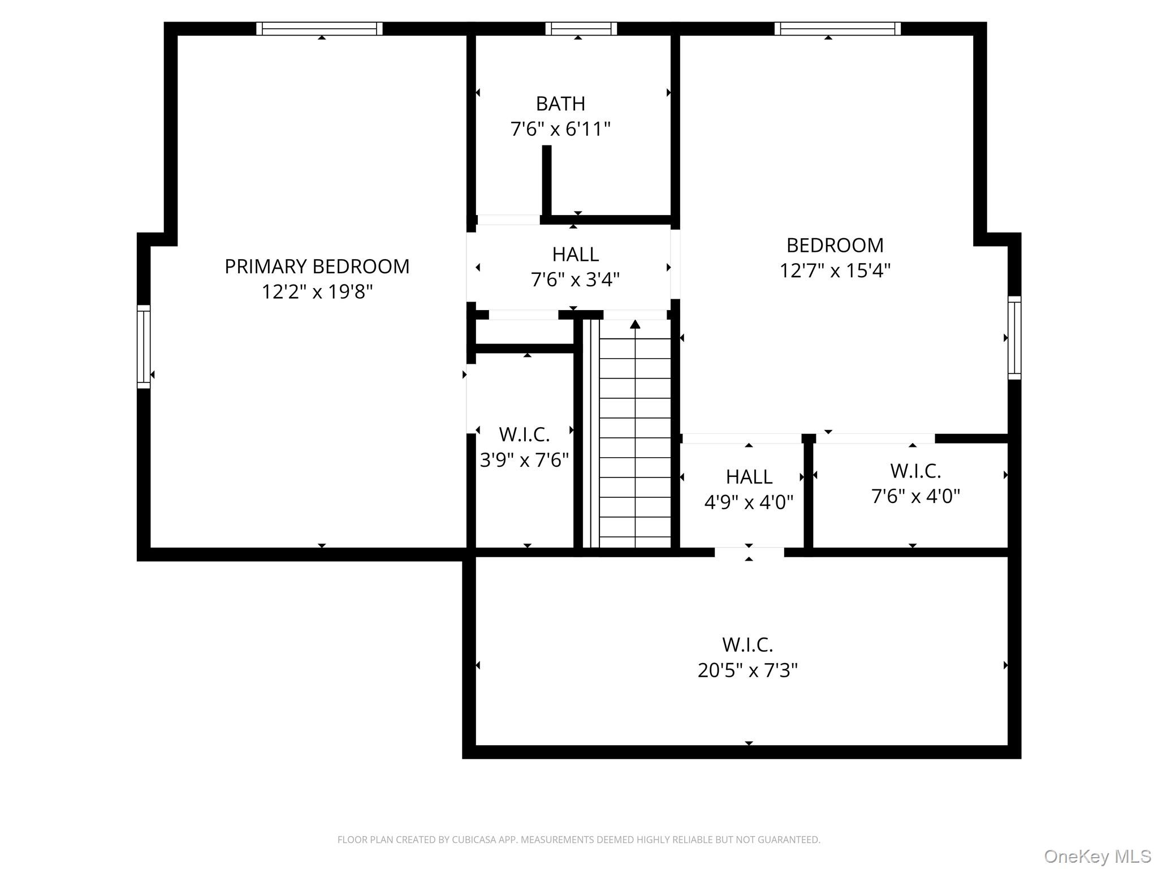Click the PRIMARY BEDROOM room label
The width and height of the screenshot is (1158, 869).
pos(317,266)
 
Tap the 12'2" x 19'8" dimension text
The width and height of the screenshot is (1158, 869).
pos(317,292)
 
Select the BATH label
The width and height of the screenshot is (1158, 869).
pos(560,104)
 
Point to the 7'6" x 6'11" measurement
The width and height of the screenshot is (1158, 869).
pos(560,130)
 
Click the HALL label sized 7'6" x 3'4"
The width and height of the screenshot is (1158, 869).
pos(575,255)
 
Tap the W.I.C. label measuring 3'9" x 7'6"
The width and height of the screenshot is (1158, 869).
pos(524,434)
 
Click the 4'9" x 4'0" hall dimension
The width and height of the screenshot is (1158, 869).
pos(749,502)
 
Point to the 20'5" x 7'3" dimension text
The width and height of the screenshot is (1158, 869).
pos(747,670)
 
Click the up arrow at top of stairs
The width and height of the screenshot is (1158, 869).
pos(635,325)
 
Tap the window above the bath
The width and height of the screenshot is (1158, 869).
pos(581,29)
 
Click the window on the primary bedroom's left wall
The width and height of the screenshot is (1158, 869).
pos(144,347)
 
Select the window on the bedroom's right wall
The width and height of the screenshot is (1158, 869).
pos(1014,338)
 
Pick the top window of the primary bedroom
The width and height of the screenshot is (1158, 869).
pos(319,29)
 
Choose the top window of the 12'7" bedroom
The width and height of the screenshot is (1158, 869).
pos(837,29)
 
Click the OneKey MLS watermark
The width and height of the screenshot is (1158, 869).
pos(1097,856)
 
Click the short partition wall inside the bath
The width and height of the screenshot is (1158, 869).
pos(547,180)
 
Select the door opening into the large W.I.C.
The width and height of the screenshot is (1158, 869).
pos(749,552)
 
